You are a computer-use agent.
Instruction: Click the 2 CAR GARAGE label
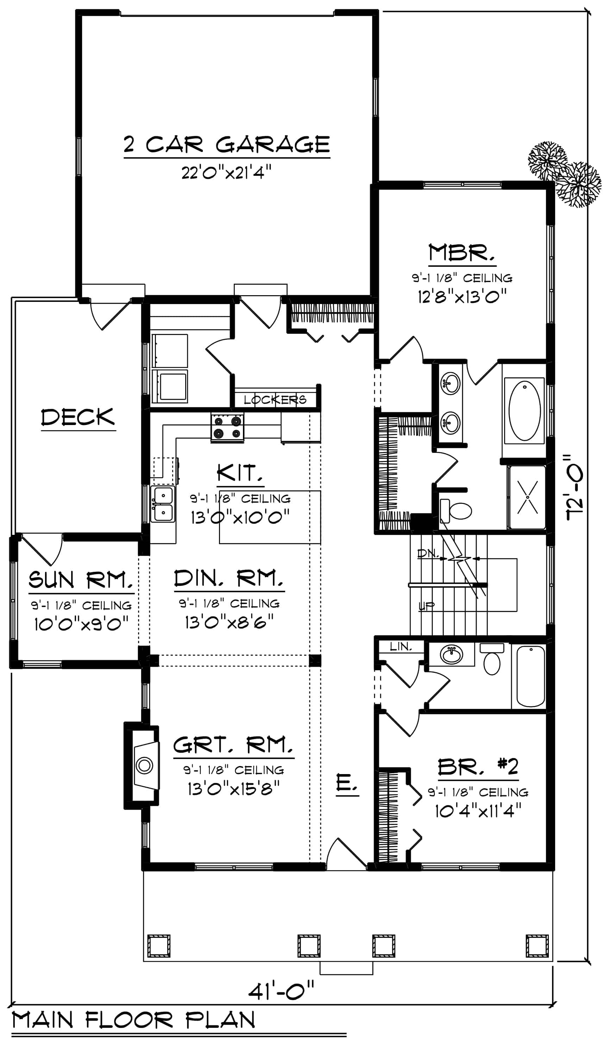tap(227, 144)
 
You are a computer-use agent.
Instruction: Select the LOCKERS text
tap(275, 400)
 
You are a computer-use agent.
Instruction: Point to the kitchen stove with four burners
tap(227, 427)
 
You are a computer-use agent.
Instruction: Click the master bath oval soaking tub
tap(524, 411)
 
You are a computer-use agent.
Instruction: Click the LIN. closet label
tap(401, 646)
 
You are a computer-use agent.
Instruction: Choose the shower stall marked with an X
tap(527, 497)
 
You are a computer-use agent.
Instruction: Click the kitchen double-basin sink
tap(163, 504)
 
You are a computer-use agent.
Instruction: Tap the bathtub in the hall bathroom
tap(531, 676)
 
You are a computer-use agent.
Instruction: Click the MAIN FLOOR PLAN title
tap(134, 1020)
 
